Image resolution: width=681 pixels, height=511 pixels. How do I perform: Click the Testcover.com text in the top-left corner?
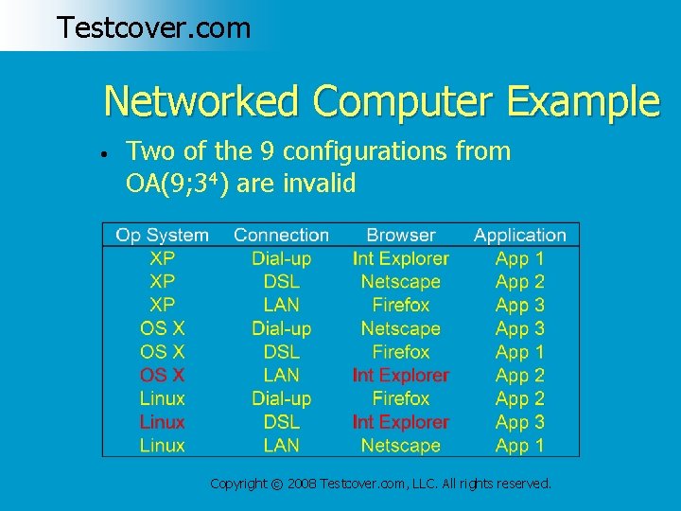pos(153,27)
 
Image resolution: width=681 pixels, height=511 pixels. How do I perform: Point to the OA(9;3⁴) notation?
pos(177,184)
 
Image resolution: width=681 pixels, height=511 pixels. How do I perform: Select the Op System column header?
pos(162,235)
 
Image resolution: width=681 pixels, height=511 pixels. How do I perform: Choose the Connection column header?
pos(281,235)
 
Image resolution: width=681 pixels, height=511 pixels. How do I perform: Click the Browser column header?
pos(400,235)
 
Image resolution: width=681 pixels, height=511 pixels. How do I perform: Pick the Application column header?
pos(519,235)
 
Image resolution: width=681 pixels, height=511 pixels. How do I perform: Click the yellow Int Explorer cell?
pos(400,258)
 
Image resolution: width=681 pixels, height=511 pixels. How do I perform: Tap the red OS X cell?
pos(162,376)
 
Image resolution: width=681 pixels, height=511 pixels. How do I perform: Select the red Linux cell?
pos(162,422)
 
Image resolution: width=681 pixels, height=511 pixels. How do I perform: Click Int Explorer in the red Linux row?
pos(400,422)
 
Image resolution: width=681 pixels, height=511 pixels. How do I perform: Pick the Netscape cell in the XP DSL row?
pos(400,282)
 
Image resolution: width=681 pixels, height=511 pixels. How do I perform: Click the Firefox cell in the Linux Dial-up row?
pos(400,398)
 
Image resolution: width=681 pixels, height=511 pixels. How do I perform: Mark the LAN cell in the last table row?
pos(281,446)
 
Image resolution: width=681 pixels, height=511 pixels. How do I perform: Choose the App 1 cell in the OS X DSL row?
pos(519,352)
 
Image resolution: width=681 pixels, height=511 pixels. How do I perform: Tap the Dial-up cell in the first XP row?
pos(281,258)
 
